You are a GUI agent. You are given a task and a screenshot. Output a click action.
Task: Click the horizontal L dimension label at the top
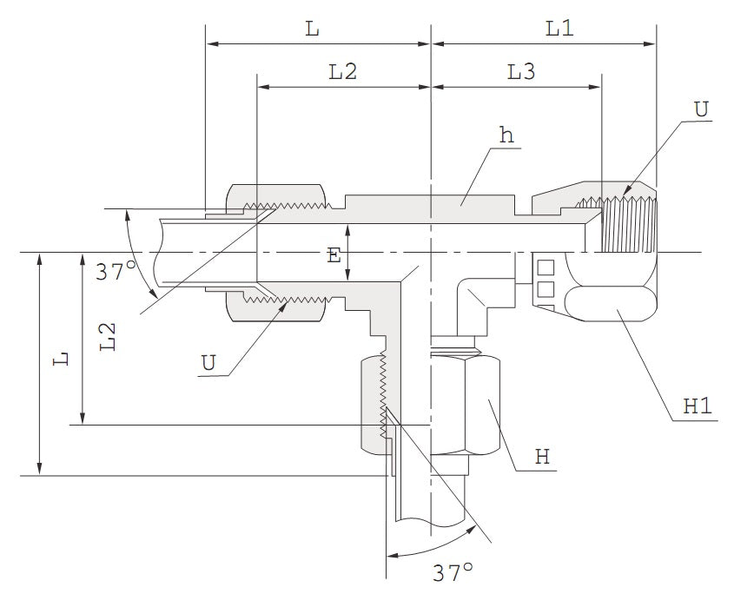click(312, 28)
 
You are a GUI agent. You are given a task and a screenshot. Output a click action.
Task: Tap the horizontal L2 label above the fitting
click(343, 73)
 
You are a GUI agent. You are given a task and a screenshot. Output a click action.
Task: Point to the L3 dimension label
click(521, 73)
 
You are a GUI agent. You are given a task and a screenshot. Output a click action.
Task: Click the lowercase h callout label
click(506, 135)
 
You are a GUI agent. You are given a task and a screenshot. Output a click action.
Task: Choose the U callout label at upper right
click(701, 109)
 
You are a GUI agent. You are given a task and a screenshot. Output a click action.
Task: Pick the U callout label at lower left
click(208, 362)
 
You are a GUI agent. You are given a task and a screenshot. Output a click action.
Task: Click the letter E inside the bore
click(334, 254)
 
